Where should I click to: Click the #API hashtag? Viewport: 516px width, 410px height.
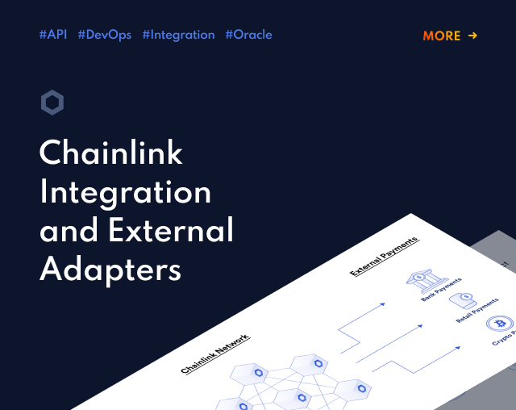pos(53,35)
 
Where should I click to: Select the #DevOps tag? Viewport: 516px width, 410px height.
pos(105,36)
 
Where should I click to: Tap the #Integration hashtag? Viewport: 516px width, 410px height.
pos(178,36)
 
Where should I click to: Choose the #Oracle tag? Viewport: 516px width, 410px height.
pos(249,35)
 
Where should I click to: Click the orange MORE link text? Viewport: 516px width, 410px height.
pos(442,36)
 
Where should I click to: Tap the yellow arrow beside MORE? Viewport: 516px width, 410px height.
pos(473,36)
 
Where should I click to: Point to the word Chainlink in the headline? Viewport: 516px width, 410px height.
pos(111,153)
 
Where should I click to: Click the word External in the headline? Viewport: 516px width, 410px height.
pos(171,230)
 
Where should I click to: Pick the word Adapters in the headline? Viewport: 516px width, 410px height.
pos(110,270)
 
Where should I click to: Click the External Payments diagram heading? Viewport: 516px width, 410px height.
pos(384,257)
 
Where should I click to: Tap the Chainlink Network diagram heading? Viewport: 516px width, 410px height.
pos(215,354)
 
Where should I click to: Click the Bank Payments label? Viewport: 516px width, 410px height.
pos(441,290)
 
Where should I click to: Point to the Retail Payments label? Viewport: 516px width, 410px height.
pos(476,311)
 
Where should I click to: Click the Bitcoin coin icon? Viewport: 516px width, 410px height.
pos(500,324)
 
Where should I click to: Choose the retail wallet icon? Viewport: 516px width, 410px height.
pos(463,301)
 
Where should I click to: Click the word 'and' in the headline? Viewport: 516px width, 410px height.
pos(69,230)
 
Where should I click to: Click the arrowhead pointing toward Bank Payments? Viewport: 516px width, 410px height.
pos(382,304)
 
